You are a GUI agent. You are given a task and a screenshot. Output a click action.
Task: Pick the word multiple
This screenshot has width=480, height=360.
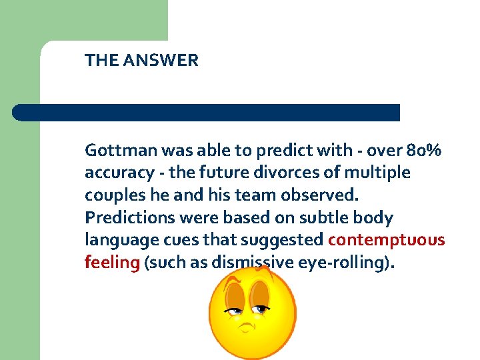point(377,173)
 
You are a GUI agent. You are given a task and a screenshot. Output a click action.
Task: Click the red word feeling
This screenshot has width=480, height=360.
point(111,263)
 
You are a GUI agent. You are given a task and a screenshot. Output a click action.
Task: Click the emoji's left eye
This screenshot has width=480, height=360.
point(234,309)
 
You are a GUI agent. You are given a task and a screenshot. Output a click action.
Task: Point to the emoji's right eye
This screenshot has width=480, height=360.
point(261,308)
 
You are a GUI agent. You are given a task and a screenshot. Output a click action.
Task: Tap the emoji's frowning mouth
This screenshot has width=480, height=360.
point(247,327)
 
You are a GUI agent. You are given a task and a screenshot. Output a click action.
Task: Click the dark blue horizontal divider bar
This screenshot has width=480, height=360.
point(206,113)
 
